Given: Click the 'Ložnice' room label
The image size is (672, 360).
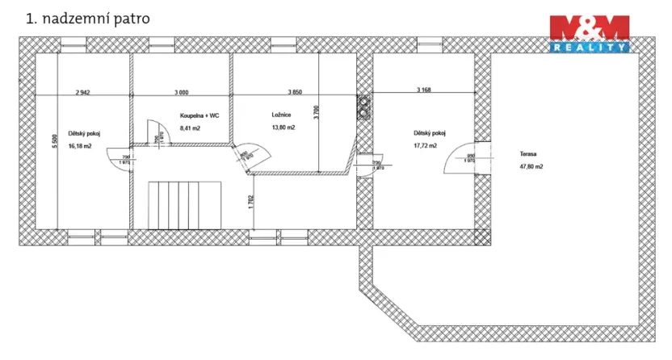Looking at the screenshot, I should point(281,115).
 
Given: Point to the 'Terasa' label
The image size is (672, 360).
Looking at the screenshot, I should point(529,153).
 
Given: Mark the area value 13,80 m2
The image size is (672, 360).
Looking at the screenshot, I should point(283,128).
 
